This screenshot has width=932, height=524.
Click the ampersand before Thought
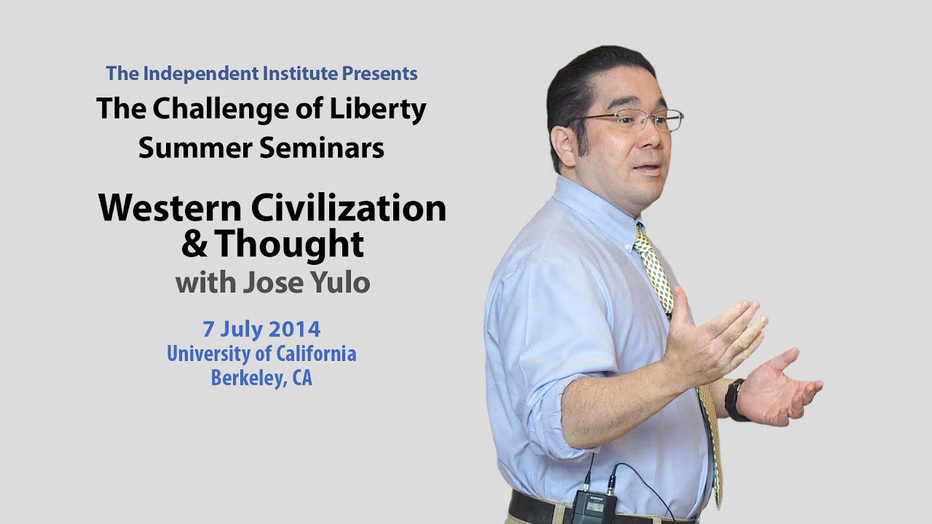point(194,245)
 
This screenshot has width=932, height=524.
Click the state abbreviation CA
point(301,378)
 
